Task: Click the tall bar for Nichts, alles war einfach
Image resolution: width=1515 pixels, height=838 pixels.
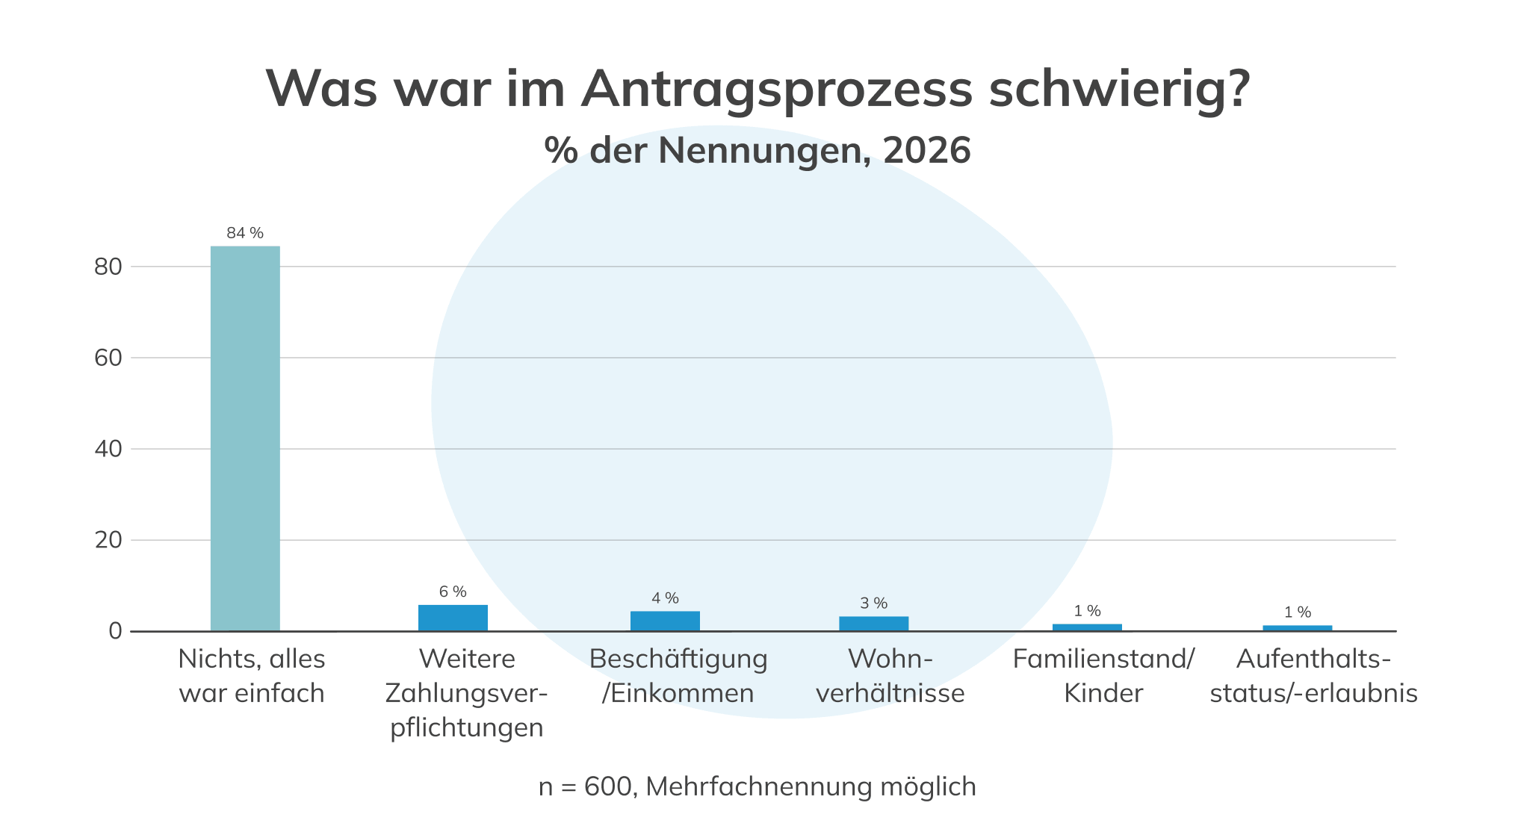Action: click(x=245, y=438)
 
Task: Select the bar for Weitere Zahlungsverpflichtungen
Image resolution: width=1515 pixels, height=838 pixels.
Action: click(x=453, y=618)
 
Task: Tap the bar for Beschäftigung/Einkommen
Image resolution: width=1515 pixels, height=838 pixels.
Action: click(x=665, y=621)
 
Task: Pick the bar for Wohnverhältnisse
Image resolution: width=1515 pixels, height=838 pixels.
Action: click(x=873, y=624)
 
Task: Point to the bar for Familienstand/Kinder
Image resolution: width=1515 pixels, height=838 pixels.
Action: click(x=1087, y=627)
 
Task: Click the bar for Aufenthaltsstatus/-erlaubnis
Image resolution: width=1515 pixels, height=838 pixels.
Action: click(x=1297, y=628)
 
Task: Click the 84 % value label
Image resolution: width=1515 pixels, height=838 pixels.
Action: click(x=245, y=233)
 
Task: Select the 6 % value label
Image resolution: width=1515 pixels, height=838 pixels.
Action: click(x=453, y=592)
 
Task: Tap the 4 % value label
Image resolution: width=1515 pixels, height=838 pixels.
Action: click(x=665, y=598)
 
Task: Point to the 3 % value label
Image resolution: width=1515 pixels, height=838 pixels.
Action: click(x=873, y=603)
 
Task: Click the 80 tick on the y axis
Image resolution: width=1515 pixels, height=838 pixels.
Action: click(x=108, y=267)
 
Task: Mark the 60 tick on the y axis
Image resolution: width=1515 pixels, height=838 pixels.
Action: click(x=108, y=358)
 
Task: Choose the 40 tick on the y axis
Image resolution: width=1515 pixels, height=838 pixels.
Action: click(x=108, y=449)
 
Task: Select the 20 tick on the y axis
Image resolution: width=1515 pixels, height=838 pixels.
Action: click(x=108, y=540)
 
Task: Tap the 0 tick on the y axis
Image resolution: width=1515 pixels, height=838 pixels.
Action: click(x=115, y=631)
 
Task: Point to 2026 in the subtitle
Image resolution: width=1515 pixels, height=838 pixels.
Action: click(x=926, y=150)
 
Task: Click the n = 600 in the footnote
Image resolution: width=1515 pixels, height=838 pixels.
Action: click(x=586, y=786)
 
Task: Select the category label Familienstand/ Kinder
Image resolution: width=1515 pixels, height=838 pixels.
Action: click(x=1103, y=676)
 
